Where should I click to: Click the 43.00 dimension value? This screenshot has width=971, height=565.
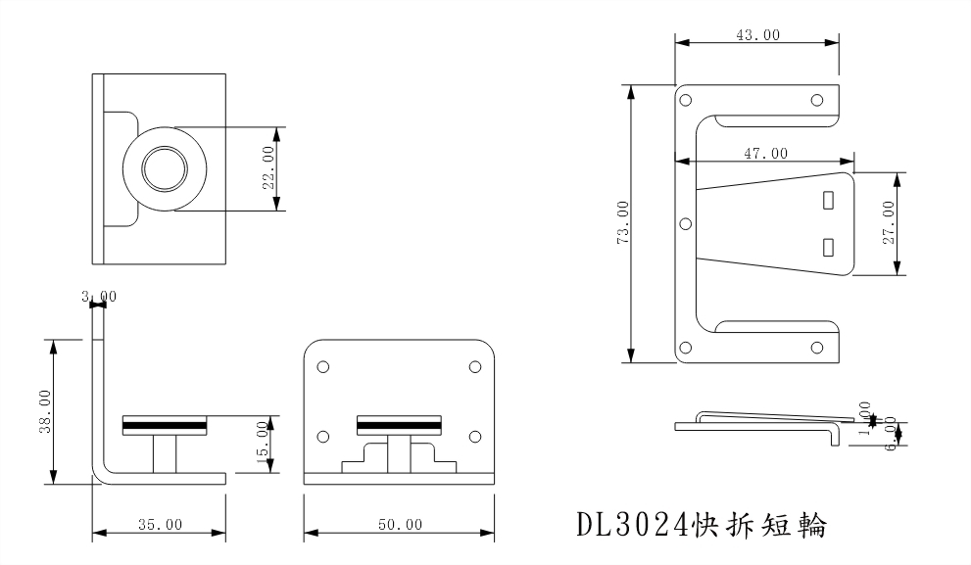(x=757, y=34)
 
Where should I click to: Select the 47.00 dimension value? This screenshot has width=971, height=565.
(x=764, y=153)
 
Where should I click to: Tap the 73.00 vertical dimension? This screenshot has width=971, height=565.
(x=623, y=224)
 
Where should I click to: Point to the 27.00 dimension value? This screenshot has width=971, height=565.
(x=888, y=224)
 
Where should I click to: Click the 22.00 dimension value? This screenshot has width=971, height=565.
(x=267, y=168)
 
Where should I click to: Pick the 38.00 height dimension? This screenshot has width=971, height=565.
(x=43, y=411)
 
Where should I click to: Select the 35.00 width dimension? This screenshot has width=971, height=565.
(x=159, y=524)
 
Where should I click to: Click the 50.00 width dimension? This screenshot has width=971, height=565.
(x=399, y=524)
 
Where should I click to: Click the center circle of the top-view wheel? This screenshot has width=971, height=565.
(x=164, y=168)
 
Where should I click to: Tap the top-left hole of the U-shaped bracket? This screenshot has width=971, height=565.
(x=685, y=99)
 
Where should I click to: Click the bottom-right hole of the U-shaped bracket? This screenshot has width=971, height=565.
(x=815, y=347)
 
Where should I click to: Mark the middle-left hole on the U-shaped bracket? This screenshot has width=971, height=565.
(x=685, y=223)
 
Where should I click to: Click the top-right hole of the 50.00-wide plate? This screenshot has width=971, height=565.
(x=475, y=366)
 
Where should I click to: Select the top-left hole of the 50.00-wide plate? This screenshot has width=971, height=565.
(x=322, y=366)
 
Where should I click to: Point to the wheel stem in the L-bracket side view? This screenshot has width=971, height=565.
(x=165, y=453)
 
